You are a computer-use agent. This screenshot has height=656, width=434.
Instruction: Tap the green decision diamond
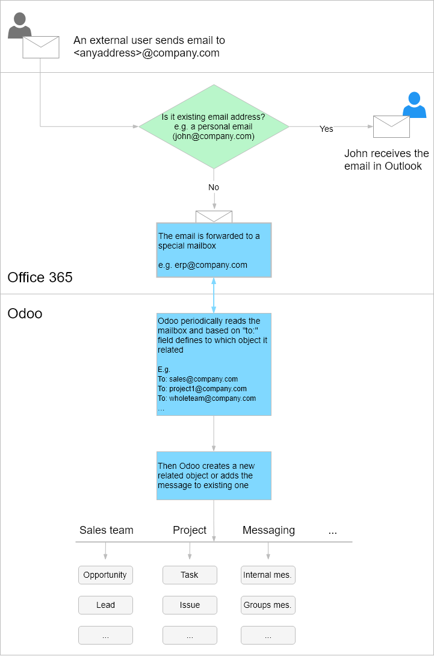coord(214,126)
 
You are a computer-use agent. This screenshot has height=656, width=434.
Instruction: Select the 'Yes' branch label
coord(326,129)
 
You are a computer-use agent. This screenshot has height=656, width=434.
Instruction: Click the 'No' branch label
coord(214,187)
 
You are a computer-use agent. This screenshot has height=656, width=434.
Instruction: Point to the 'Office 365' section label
coord(40,277)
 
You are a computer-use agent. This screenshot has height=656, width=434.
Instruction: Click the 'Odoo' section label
coord(25,314)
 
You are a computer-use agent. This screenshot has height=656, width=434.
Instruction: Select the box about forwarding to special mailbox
coord(214,250)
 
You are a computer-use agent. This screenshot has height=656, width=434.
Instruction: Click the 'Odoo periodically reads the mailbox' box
coord(214,364)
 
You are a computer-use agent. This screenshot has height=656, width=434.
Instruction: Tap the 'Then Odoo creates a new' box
coord(214,475)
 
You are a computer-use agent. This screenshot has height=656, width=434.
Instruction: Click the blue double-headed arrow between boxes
coord(214,296)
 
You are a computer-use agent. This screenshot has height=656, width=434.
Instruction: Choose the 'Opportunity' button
coord(105,575)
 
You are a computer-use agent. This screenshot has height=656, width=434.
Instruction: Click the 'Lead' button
coord(105,605)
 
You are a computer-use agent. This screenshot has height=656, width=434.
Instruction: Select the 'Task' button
coord(190,575)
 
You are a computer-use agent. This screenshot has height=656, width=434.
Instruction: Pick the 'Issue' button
coord(190,605)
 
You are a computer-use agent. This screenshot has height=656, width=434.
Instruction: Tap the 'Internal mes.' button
coord(268,575)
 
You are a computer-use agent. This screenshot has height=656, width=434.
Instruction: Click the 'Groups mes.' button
coord(268,605)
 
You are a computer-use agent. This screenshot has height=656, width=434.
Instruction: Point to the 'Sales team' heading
coord(107,530)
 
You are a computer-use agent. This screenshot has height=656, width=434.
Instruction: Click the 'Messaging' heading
coord(268,530)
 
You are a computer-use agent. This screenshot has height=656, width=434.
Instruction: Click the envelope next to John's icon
coord(391,126)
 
